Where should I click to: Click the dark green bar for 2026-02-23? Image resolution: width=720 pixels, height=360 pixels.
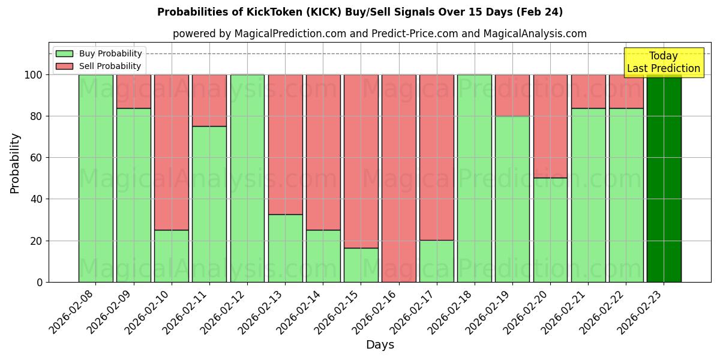click(664, 178)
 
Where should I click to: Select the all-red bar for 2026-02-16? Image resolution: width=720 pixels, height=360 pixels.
click(398, 178)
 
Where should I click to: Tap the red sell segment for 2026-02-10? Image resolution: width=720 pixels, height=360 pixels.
click(171, 152)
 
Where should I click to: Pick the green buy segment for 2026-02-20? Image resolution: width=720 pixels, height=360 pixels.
click(550, 230)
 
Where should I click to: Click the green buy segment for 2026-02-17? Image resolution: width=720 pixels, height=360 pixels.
click(436, 261)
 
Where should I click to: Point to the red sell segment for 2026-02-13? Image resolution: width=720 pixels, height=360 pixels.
click(285, 145)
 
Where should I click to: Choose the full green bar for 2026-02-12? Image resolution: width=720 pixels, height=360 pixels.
click(247, 178)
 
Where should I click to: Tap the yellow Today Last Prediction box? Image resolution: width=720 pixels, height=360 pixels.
click(663, 62)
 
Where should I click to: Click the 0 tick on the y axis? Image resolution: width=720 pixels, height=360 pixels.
click(40, 282)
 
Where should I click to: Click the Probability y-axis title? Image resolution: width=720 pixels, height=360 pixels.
click(16, 163)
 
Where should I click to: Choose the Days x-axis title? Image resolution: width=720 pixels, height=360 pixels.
click(380, 345)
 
